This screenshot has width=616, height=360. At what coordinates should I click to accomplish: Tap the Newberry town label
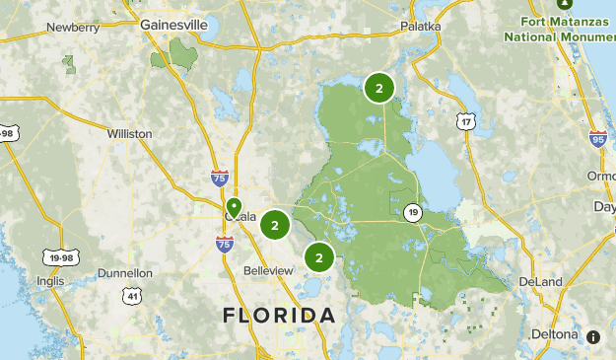click(x=73, y=28)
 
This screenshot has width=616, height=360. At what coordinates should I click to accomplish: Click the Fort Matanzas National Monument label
click(x=559, y=29)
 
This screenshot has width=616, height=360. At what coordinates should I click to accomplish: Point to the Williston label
click(x=130, y=133)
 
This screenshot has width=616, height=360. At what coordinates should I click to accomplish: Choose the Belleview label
click(x=268, y=270)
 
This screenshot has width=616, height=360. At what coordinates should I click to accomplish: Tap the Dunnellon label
click(x=125, y=273)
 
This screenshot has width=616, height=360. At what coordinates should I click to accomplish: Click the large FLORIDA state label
click(x=279, y=316)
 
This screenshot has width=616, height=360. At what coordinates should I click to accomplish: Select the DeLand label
click(x=540, y=282)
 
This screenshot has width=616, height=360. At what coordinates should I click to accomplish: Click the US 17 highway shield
click(x=465, y=121)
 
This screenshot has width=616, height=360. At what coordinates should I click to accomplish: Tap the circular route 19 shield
click(x=412, y=212)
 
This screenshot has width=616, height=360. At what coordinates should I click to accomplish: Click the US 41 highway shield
click(x=133, y=295)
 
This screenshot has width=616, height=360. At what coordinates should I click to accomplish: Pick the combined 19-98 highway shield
click(x=58, y=257)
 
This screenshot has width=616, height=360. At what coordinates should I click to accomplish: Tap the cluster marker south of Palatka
click(x=378, y=88)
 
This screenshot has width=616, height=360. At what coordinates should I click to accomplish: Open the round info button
click(x=593, y=336)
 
